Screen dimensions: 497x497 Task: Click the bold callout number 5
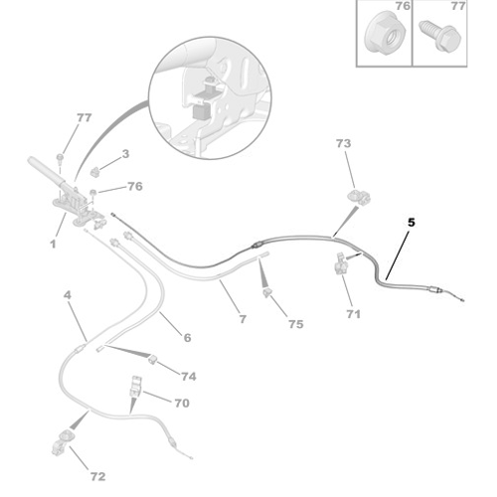(412, 223)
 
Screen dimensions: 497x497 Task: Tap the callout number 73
(343, 143)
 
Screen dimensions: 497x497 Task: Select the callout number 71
(353, 314)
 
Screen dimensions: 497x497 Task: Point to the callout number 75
(296, 324)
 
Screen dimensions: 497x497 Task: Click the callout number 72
(97, 476)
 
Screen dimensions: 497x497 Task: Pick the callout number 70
(182, 403)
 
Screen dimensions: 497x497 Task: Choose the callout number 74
(189, 377)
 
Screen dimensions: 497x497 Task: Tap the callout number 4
(68, 295)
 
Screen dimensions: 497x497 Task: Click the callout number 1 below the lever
(53, 245)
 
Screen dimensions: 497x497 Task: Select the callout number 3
(125, 154)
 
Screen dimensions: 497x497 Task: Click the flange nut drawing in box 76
(385, 33)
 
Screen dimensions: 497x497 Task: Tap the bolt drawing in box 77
(439, 36)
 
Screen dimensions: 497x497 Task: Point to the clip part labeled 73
(359, 197)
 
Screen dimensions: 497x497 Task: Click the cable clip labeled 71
(341, 263)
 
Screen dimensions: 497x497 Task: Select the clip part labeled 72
(63, 442)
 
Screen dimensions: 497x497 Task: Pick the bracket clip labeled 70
(136, 387)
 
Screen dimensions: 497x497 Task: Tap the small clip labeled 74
(153, 359)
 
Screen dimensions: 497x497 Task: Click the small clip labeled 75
(267, 292)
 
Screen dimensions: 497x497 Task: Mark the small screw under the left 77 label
(60, 158)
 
